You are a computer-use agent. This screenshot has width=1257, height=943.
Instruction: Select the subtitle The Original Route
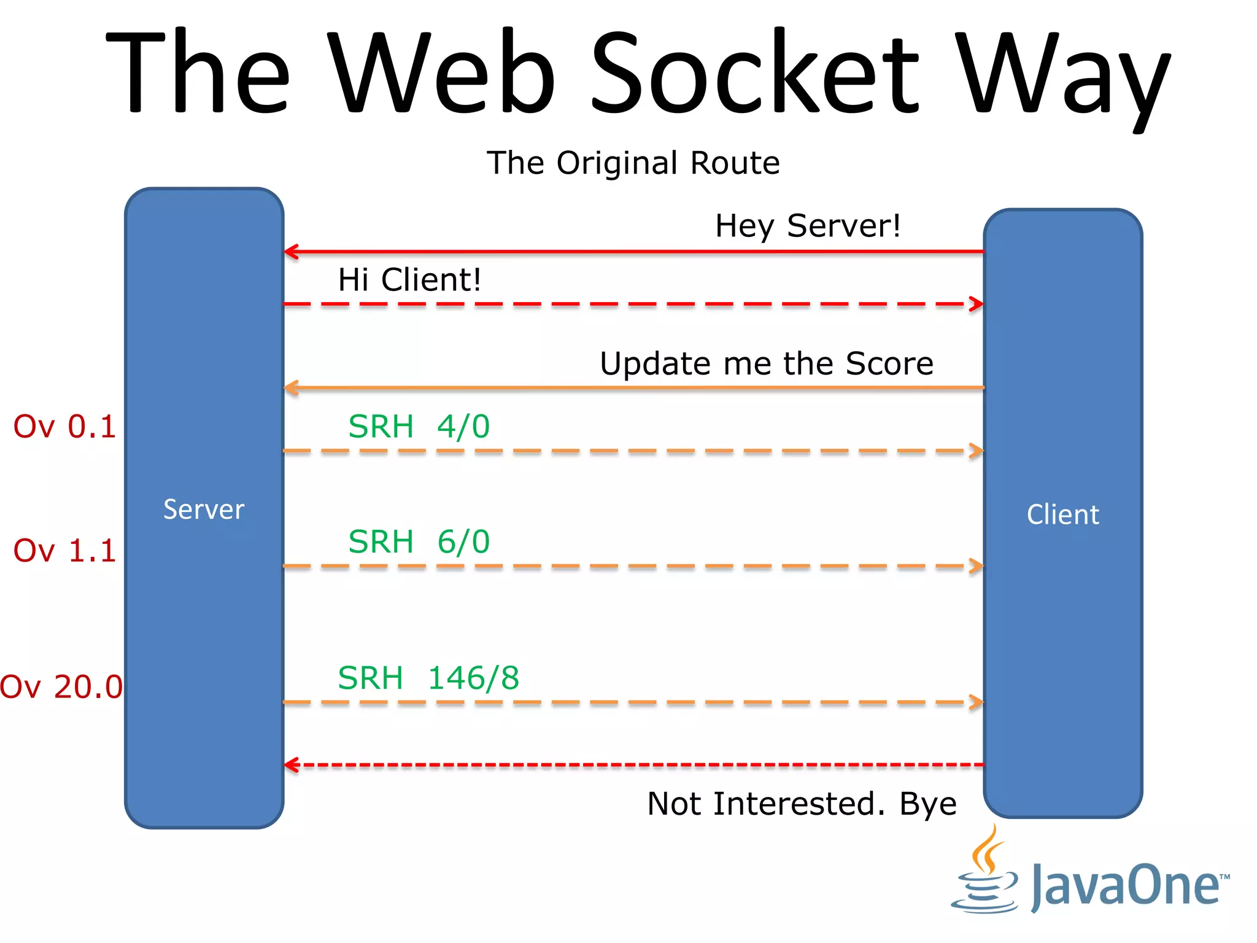633,163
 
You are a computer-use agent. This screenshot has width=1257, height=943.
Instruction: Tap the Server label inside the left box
204,510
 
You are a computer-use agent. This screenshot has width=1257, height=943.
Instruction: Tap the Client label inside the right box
1062,514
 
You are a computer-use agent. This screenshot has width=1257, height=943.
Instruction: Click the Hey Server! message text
808,226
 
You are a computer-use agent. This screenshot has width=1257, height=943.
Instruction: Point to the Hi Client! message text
409,280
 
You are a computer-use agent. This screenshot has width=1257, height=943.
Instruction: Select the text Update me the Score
766,363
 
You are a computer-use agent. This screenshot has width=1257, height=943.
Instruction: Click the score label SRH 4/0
419,426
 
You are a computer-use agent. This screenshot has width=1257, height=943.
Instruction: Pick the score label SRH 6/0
419,541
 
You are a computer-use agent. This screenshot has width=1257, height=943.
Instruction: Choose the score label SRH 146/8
428,678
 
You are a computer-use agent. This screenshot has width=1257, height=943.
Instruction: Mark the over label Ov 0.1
64,426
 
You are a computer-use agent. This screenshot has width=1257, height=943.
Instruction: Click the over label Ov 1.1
64,550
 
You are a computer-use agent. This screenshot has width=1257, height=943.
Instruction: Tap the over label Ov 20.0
61,686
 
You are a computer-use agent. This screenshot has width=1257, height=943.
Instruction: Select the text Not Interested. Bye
802,804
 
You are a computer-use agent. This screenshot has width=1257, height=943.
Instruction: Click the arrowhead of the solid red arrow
291,252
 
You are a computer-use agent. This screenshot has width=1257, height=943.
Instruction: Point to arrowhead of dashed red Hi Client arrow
977,304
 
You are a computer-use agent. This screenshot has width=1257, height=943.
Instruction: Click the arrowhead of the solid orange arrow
291,388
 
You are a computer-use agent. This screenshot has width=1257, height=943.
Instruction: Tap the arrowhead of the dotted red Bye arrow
291,765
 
